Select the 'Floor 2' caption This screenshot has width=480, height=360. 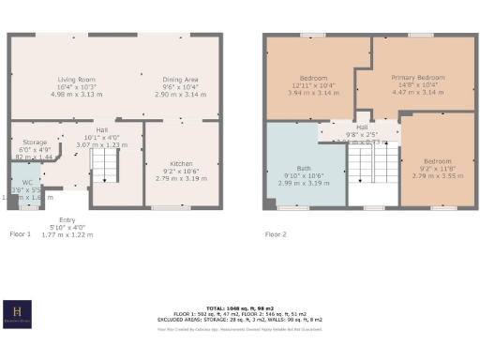click(x=276, y=233)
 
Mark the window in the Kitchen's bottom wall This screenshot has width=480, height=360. click(x=168, y=206)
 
